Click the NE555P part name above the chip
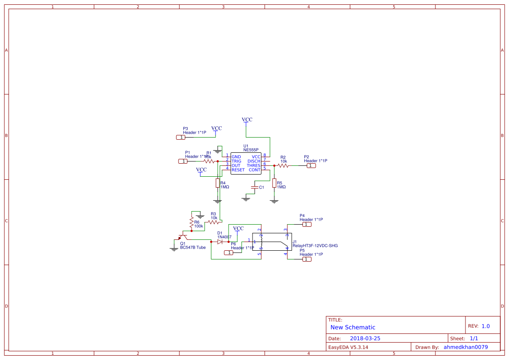coord(251,150)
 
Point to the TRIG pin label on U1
coord(236,161)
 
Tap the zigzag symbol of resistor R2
coord(283,165)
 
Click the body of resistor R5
coord(274,183)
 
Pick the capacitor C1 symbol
coord(255,187)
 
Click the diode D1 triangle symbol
coord(220,242)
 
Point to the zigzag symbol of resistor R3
coord(213,222)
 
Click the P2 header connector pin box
coord(311,165)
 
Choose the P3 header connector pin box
coord(181,137)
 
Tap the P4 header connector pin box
coord(307,225)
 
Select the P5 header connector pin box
coord(307,259)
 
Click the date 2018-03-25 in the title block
coord(365,338)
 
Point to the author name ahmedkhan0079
coord(465,347)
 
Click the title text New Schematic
coord(353,327)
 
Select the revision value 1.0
coord(485,326)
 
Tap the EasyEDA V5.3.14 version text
coord(348,347)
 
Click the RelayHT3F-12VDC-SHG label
coord(315,246)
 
